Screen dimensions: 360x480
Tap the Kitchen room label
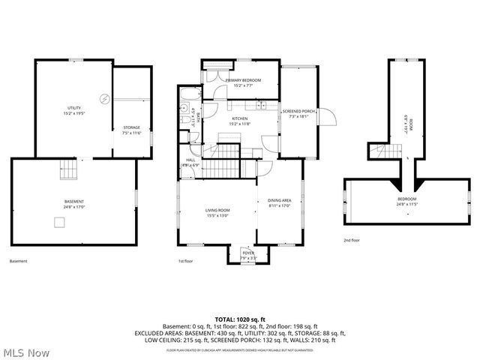(x=239, y=121)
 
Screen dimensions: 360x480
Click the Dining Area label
(x=279, y=202)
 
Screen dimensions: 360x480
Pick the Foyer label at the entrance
(x=247, y=256)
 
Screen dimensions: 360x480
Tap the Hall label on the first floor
(x=190, y=162)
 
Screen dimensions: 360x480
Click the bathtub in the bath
(x=190, y=95)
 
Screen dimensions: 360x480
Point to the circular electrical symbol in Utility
(x=105, y=98)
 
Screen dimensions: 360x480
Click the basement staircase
(x=69, y=170)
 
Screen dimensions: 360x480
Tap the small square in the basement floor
(x=58, y=221)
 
